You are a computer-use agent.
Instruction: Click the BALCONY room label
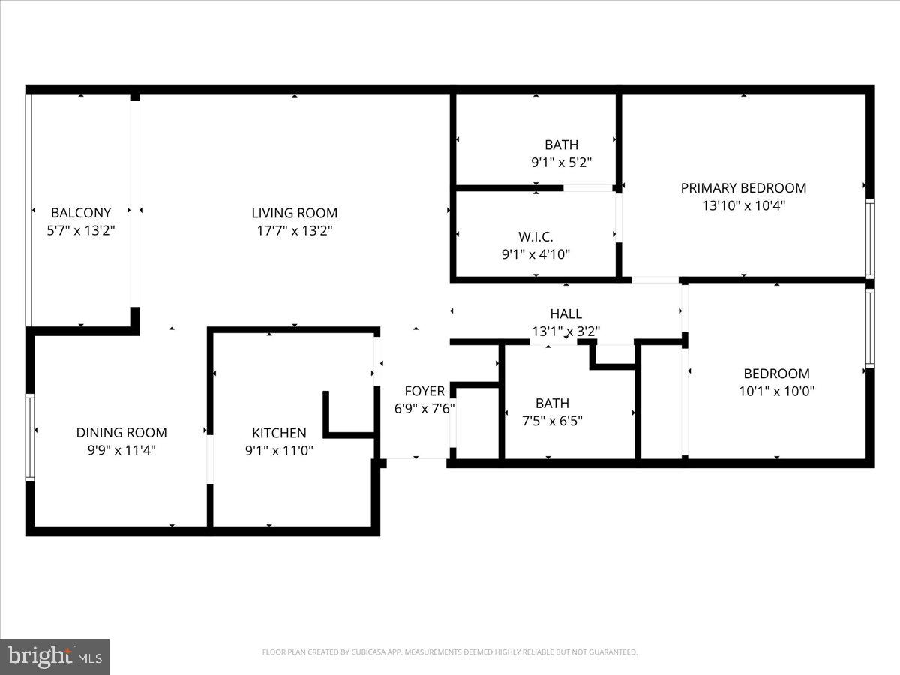click(x=81, y=213)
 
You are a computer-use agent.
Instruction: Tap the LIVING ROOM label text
click(x=294, y=213)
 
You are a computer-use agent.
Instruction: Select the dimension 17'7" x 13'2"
click(x=294, y=231)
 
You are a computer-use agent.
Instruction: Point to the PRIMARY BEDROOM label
click(x=742, y=188)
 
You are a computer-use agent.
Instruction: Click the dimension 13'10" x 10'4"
click(x=742, y=205)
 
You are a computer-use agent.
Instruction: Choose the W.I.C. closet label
click(x=535, y=237)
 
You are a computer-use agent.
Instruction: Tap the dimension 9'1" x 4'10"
click(x=535, y=254)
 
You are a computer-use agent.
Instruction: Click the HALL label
click(x=565, y=314)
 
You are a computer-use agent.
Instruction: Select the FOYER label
click(x=424, y=391)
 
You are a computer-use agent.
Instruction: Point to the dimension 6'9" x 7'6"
click(x=424, y=408)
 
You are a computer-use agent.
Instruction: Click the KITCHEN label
click(x=279, y=433)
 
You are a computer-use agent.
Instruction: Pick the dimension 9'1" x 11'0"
click(x=279, y=450)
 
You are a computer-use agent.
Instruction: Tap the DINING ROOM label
click(x=121, y=433)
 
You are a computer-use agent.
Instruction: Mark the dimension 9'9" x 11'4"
click(x=121, y=450)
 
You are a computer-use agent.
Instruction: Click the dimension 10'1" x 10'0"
click(x=776, y=391)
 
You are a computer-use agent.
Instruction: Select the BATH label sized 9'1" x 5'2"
click(x=561, y=145)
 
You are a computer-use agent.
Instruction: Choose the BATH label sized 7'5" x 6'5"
click(x=552, y=403)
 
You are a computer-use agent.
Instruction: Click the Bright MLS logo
click(x=55, y=656)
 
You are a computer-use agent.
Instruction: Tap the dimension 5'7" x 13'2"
click(x=81, y=231)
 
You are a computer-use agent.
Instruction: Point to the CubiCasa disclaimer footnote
click(x=450, y=652)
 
